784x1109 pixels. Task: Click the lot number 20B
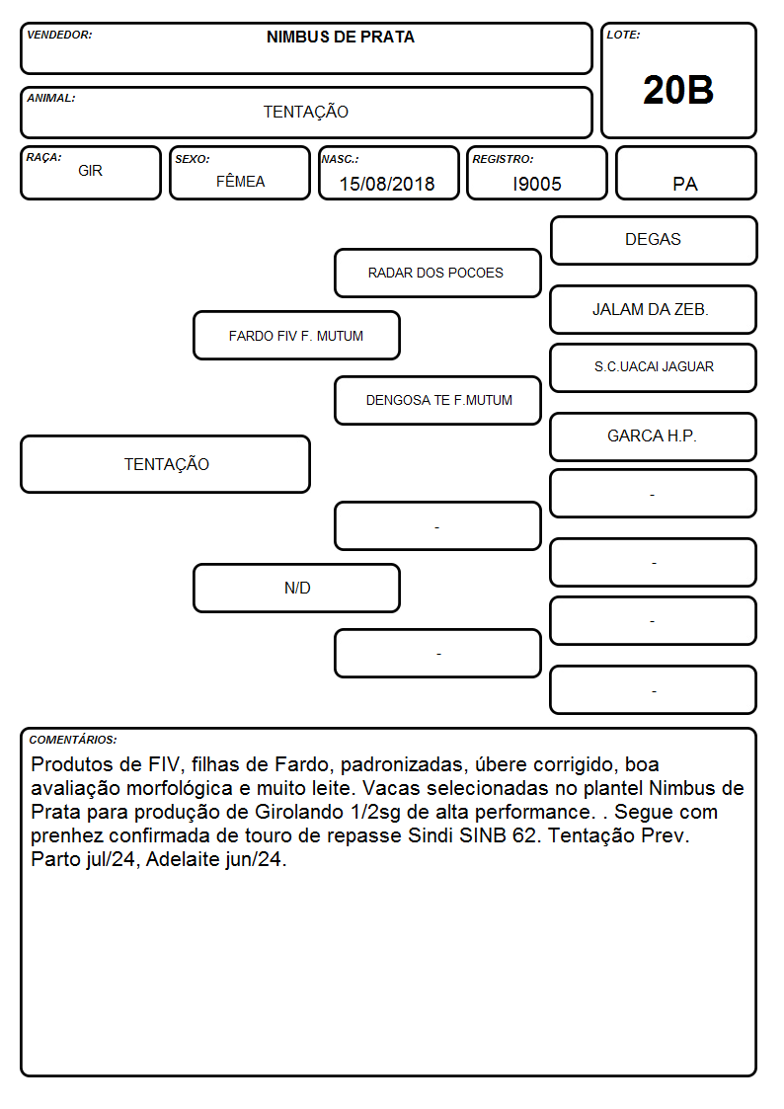click(x=678, y=91)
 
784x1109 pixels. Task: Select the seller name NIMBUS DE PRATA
click(x=340, y=38)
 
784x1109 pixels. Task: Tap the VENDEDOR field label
click(x=59, y=35)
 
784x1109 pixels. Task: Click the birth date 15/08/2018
click(x=387, y=184)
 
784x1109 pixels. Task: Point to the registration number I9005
click(x=537, y=184)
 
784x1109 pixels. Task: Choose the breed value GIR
click(x=90, y=171)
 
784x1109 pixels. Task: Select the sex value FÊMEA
click(x=240, y=181)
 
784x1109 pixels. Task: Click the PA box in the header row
click(x=685, y=173)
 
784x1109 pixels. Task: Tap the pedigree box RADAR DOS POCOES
click(x=437, y=273)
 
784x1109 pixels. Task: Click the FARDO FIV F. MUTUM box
click(x=297, y=335)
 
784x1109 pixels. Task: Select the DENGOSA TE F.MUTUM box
click(x=437, y=400)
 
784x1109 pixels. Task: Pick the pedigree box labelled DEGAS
click(x=654, y=241)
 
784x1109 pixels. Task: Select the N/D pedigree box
click(x=297, y=588)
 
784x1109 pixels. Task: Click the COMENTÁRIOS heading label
click(x=73, y=740)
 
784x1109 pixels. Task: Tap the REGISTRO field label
click(x=503, y=159)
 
